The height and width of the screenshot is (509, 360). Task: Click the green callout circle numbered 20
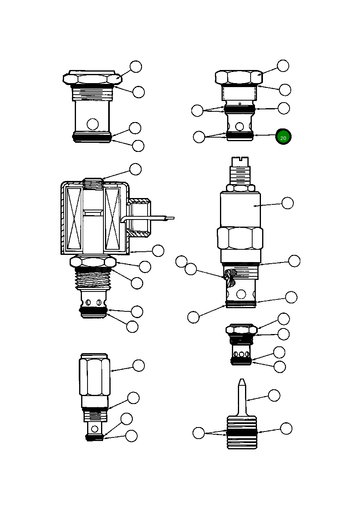[283, 137]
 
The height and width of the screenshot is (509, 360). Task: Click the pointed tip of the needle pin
[241, 382]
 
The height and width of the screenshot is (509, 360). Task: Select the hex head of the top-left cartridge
[92, 78]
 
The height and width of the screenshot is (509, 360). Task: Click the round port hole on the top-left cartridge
[93, 124]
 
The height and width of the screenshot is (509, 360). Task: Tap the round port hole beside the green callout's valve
[239, 126]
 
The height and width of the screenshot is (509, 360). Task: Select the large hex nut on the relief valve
[240, 238]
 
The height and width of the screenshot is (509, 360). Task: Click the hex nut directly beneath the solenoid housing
[93, 262]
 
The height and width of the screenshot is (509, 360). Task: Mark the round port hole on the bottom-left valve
[95, 429]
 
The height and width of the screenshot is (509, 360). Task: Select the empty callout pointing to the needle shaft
[274, 395]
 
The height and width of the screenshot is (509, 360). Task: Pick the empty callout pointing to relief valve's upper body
[288, 203]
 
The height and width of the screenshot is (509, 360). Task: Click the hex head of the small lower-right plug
[241, 330]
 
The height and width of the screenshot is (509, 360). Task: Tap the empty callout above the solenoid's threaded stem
[136, 169]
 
